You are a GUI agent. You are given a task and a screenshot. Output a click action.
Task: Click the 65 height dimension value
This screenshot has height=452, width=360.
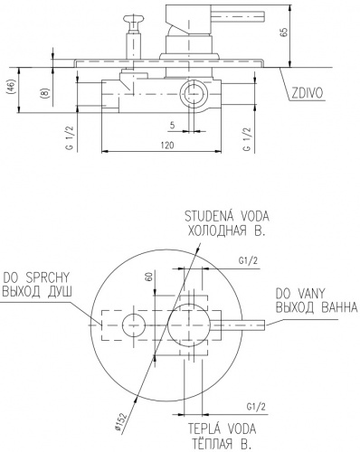click(284, 33)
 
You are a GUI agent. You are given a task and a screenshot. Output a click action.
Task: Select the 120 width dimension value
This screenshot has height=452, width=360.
click(166, 145)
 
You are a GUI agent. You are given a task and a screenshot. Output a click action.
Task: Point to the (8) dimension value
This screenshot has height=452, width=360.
click(44, 92)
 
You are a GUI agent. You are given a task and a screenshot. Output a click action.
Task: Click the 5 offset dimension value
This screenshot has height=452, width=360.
click(172, 125)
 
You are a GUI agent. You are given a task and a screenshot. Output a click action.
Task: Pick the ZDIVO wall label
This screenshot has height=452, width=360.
click(307, 93)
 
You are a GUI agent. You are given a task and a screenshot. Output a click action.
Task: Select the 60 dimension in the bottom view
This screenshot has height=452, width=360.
click(148, 276)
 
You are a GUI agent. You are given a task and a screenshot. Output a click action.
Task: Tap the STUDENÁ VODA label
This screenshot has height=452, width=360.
click(227, 216)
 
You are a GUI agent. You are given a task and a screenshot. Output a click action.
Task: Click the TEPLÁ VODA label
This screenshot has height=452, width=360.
click(222, 428)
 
